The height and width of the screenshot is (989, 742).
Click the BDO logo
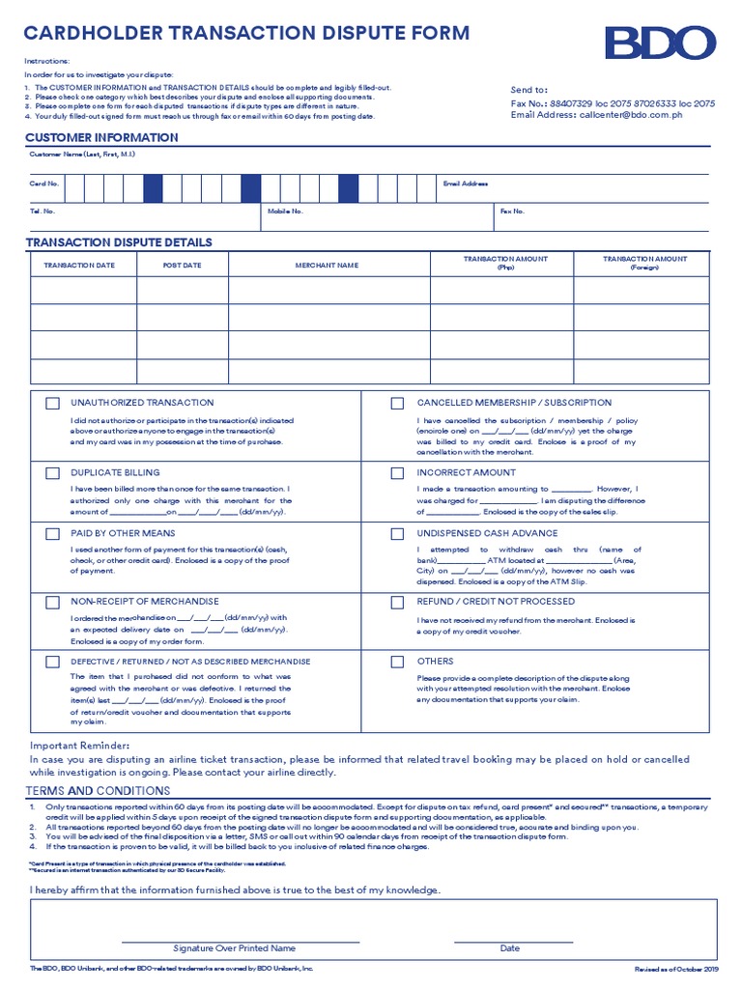click(x=660, y=43)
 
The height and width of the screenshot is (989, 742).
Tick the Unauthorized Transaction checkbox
click(x=52, y=404)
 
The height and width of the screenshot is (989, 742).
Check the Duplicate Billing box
click(x=52, y=473)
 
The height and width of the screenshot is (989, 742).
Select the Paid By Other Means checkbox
click(x=52, y=533)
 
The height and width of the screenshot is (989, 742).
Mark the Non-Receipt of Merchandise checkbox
click(x=52, y=602)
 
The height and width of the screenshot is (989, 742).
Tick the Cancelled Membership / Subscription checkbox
click(x=397, y=404)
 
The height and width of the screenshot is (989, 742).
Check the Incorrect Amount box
click(x=397, y=473)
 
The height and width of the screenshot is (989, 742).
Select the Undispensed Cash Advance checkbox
click(x=397, y=533)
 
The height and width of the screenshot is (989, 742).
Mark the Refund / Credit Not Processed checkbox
click(x=397, y=602)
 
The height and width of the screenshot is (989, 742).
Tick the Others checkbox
click(x=397, y=662)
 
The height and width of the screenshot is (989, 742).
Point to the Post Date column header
click(x=182, y=265)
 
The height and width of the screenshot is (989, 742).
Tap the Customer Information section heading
click(x=101, y=137)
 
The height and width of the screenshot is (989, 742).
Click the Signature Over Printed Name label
click(x=234, y=948)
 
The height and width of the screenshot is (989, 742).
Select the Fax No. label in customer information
click(x=512, y=211)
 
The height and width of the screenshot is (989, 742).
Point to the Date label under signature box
click(x=509, y=948)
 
